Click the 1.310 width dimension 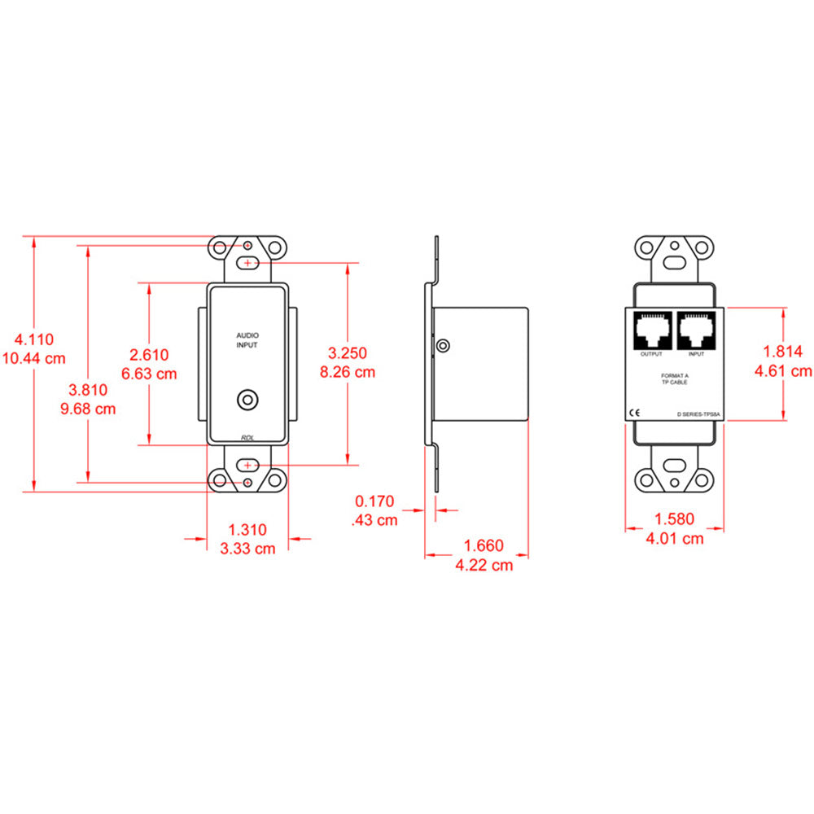click(x=247, y=529)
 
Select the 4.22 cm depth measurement click(x=484, y=565)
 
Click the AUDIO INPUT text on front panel click(x=247, y=340)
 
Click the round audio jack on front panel click(x=247, y=400)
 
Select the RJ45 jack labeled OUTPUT click(x=651, y=330)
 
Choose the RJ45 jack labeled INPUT click(x=696, y=330)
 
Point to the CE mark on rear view click(x=637, y=412)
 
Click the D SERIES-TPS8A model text click(x=698, y=414)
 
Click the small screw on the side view click(x=443, y=346)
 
